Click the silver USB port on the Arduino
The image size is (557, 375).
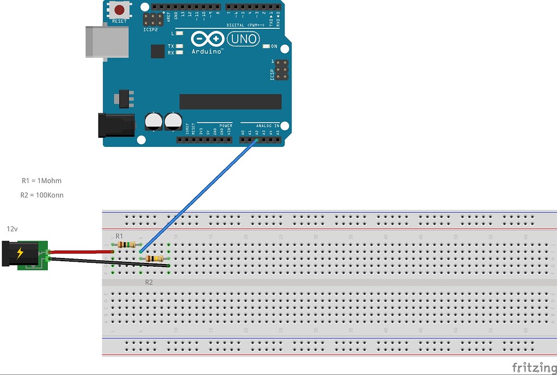point(107,41)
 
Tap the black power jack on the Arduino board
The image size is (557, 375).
point(115,125)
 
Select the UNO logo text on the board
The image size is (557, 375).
point(243,39)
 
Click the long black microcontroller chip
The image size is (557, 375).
point(230,101)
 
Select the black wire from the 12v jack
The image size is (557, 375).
point(109,262)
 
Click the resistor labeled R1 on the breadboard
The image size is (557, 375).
point(126,245)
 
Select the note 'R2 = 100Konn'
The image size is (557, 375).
point(42,195)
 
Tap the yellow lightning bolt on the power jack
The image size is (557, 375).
point(20,253)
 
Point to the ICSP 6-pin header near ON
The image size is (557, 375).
point(281,70)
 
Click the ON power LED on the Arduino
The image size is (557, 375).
point(266,46)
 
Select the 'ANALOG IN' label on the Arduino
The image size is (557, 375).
point(268,125)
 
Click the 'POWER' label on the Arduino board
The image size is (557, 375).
point(225,125)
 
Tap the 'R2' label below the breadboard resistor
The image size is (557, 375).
point(149,282)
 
